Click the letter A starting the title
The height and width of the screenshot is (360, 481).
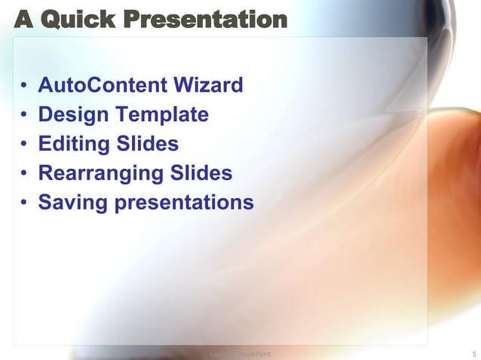(23, 19)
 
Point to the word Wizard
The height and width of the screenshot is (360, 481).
(208, 85)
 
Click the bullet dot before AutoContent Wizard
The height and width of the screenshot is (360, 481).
(25, 86)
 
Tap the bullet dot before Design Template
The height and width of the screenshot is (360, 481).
(25, 115)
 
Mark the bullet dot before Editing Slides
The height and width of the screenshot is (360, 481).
(25, 145)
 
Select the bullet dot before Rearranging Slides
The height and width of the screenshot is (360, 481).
(25, 174)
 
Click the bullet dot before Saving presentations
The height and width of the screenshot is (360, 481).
(25, 203)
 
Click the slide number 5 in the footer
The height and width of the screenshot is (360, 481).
(473, 352)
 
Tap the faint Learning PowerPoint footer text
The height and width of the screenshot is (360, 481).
(240, 352)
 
